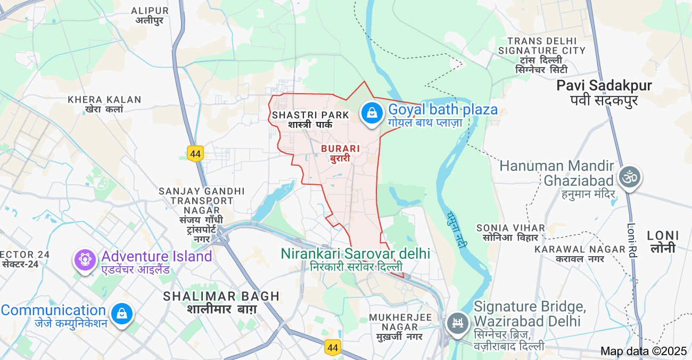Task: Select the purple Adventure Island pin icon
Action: click(x=85, y=259)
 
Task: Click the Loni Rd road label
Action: click(x=632, y=240)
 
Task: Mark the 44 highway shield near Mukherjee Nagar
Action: click(x=333, y=348)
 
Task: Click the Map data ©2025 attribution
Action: click(x=644, y=351)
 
